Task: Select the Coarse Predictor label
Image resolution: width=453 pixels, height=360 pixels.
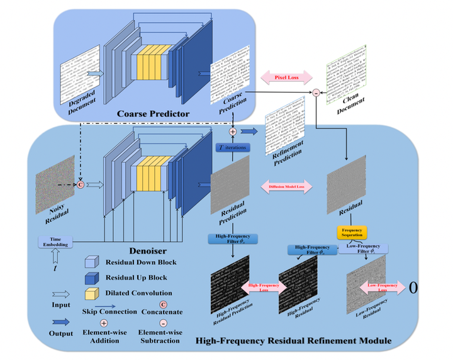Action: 154,114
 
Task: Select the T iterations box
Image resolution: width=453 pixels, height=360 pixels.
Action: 233,148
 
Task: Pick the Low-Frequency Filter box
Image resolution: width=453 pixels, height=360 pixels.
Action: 364,249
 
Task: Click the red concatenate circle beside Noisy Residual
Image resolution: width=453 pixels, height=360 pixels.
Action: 80,185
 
